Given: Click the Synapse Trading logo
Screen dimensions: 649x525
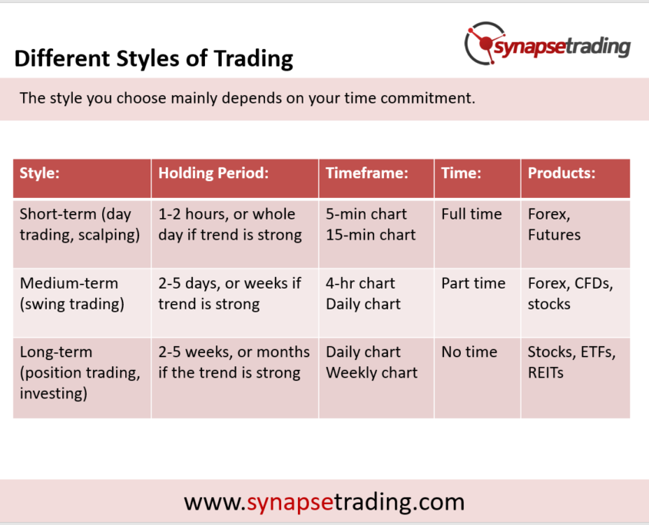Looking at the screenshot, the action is click(547, 44).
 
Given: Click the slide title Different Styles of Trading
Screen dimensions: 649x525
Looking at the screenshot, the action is click(154, 58).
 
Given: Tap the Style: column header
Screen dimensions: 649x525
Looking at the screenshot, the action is click(40, 173).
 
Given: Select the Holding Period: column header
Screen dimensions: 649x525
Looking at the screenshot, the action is click(214, 173).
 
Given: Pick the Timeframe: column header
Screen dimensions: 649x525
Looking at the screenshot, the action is click(366, 173).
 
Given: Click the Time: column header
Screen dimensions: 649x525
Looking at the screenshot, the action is click(461, 173).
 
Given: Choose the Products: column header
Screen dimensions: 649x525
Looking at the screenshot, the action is click(561, 173).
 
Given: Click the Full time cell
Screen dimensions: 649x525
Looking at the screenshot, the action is click(472, 214).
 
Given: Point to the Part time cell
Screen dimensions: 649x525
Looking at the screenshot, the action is click(473, 283).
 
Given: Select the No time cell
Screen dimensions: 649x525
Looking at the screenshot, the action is click(469, 352).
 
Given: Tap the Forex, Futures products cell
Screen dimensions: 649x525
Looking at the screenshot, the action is click(555, 224).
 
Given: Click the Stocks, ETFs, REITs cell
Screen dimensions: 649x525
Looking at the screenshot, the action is click(571, 362).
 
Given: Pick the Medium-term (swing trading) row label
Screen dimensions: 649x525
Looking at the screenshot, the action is click(72, 294).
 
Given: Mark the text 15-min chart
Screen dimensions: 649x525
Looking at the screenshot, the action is click(370, 235).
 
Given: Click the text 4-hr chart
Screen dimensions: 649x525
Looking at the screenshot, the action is click(360, 283).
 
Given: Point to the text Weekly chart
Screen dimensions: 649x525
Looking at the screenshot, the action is click(372, 373).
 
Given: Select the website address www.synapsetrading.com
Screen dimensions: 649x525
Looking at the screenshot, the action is click(324, 502).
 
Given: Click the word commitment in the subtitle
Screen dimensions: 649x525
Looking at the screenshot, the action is click(428, 98).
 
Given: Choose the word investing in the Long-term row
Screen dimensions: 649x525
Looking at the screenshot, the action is click(54, 394).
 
